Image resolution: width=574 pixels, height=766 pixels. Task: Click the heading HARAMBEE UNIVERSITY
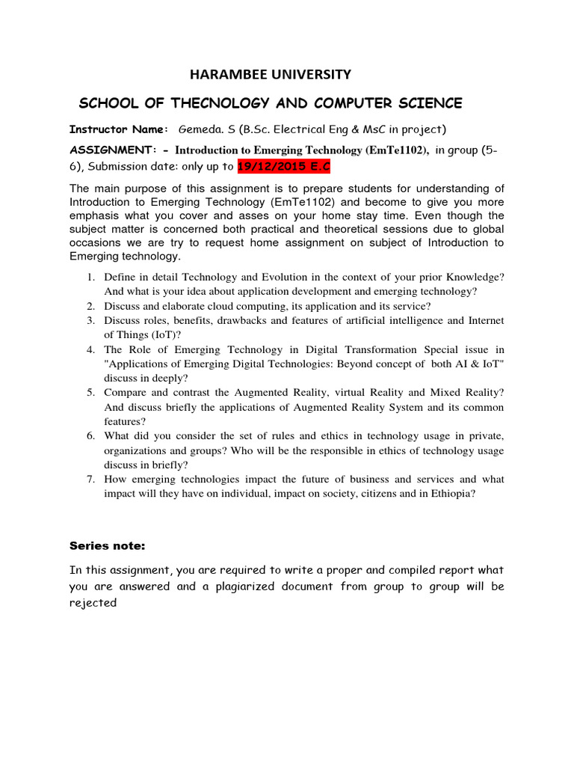(x=271, y=74)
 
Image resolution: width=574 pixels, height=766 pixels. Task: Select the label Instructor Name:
(x=119, y=129)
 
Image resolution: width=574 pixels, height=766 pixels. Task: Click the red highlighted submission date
(x=277, y=167)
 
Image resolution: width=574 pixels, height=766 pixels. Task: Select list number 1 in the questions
(x=90, y=278)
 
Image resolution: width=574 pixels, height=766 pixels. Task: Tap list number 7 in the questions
(x=90, y=479)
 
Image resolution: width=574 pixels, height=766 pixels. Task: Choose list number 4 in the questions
(x=90, y=349)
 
